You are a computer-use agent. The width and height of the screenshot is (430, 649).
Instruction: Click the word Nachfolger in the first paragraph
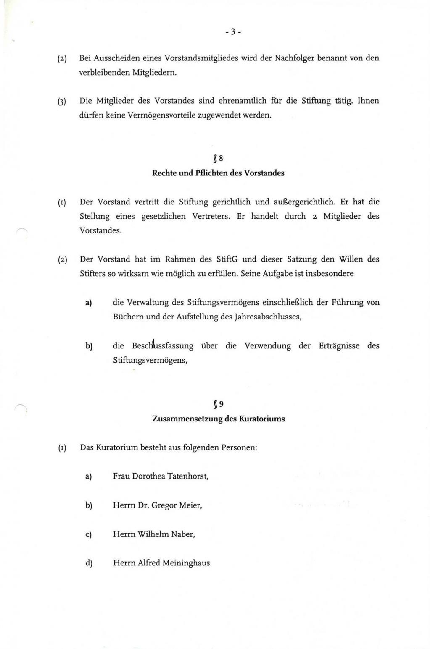coord(293,58)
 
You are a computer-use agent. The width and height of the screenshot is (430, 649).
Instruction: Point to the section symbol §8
coord(218,159)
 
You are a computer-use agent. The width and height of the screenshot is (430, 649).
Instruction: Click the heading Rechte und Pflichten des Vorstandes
coord(218,173)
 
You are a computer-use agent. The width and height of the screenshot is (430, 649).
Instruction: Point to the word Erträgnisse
coord(339,346)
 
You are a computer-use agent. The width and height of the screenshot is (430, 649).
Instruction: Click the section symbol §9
coord(218,405)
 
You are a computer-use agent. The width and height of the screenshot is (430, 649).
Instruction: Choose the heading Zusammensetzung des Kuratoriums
coord(218,419)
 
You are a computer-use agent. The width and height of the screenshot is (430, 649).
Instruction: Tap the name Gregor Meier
coord(177,505)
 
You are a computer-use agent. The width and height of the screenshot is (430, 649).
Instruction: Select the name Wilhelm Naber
coord(166,534)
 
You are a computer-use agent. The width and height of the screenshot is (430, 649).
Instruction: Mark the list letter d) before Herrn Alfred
coord(88,563)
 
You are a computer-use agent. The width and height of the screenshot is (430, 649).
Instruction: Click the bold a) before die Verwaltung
coord(88,303)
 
